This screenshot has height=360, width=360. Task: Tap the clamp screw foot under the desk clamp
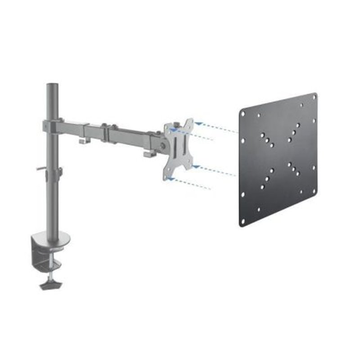point(51,285)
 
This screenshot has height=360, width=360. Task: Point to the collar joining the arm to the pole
point(52,126)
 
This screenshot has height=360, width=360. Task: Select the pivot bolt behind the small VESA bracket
point(161,145)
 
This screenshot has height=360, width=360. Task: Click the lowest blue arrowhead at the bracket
point(170,178)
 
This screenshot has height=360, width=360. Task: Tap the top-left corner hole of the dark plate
point(244,113)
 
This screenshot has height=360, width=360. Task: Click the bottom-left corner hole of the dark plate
point(243,220)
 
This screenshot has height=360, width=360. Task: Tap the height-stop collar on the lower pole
point(58,172)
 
